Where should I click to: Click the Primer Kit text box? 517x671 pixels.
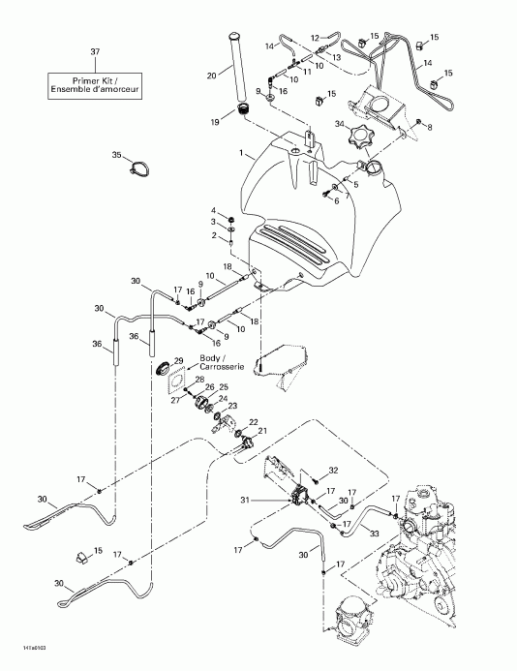[x=94, y=85]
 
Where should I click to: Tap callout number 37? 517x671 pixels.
[x=94, y=51]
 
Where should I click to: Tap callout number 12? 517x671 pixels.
[x=315, y=38]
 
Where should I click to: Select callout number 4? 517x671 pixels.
[x=215, y=210]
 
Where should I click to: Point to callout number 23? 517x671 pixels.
[x=231, y=406]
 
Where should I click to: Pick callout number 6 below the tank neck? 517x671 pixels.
[x=337, y=200]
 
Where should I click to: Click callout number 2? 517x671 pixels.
[x=215, y=234]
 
